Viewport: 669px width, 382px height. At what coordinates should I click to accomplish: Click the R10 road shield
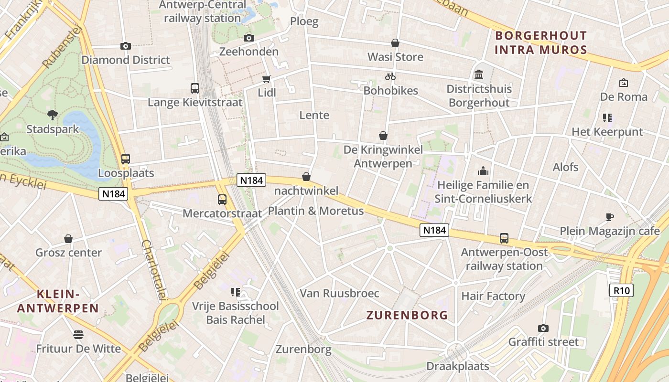tap(621, 290)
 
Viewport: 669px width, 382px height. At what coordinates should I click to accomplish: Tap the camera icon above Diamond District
tap(126, 46)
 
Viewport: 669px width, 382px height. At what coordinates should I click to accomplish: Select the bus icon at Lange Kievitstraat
tap(195, 88)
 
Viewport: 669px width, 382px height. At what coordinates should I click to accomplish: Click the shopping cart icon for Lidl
tap(267, 79)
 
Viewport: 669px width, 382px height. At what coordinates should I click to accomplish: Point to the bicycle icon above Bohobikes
tap(390, 76)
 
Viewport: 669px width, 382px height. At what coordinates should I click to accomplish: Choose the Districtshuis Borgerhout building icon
tap(479, 75)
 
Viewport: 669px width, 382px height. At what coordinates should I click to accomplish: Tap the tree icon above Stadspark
tap(53, 115)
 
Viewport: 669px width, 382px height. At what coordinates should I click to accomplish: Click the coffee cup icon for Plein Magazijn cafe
tap(610, 217)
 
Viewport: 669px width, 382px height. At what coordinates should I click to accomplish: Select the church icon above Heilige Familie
tap(483, 171)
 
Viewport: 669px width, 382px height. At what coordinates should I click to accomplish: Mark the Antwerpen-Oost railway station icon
tap(504, 238)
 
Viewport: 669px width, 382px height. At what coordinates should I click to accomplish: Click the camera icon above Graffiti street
tap(543, 328)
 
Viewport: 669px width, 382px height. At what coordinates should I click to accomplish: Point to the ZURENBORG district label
tap(407, 315)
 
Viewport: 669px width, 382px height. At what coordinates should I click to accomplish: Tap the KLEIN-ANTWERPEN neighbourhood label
tap(58, 301)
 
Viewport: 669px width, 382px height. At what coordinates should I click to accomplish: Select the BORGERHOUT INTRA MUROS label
tap(541, 42)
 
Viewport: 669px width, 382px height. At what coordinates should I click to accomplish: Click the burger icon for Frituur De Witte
tap(78, 334)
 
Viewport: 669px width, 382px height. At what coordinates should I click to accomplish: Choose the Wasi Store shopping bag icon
tap(395, 43)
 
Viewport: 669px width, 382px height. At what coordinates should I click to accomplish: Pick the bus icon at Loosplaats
tap(126, 159)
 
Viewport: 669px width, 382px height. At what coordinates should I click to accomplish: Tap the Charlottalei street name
tap(153, 270)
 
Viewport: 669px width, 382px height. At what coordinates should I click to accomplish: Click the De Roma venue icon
tap(623, 83)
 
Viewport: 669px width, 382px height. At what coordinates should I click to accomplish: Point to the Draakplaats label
tap(458, 366)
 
